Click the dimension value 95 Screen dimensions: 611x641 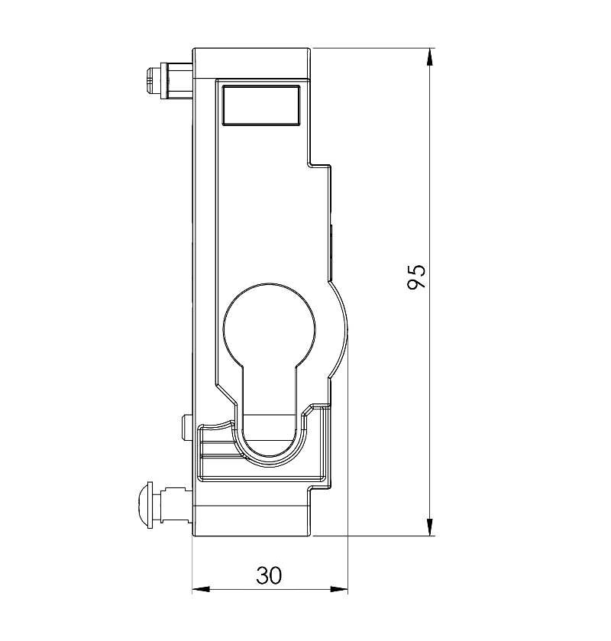(416, 277)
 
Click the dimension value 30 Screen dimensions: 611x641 (270, 575)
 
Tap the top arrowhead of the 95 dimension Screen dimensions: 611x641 (429, 57)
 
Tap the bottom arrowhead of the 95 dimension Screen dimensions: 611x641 (429, 527)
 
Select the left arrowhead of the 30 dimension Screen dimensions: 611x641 (201, 590)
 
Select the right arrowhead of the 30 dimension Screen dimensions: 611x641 (339, 590)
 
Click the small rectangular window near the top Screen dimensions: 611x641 (261, 105)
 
